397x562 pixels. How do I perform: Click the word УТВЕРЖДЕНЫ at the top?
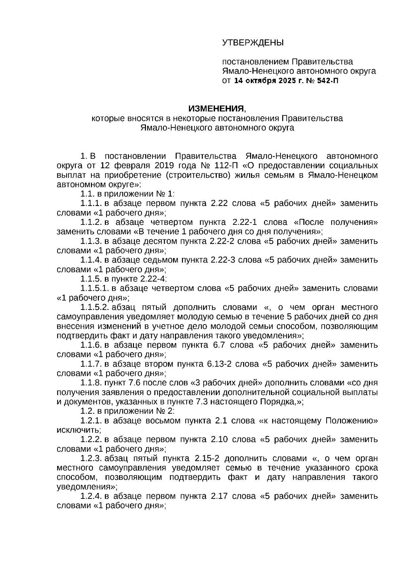(x=253, y=43)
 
